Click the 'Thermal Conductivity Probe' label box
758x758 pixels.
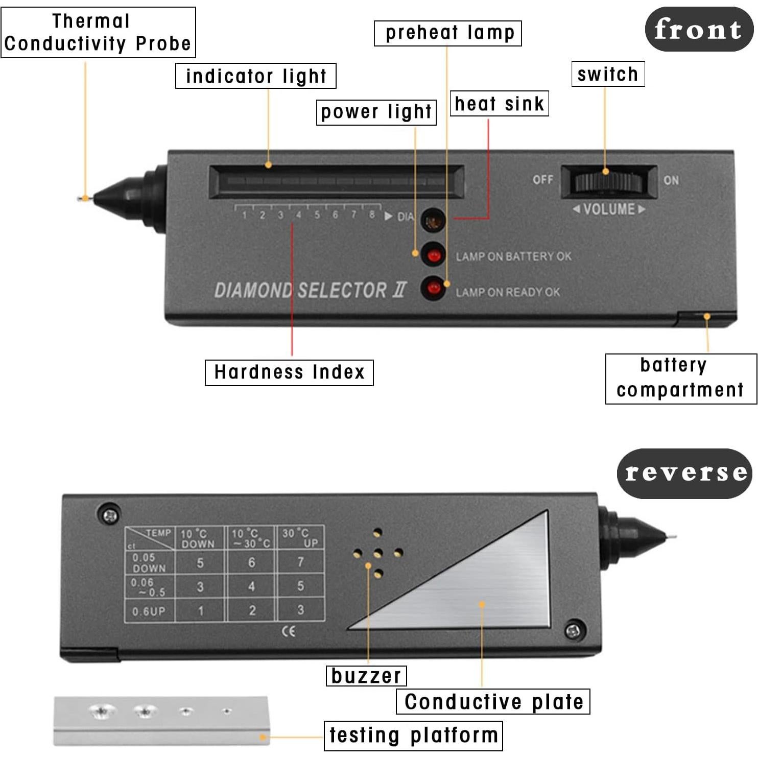98,32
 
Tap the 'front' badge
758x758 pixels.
698,29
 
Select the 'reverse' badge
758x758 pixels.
684,473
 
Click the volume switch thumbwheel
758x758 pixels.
608,181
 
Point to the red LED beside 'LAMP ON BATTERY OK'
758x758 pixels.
434,255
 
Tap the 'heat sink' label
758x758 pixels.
499,104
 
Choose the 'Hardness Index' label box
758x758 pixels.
289,372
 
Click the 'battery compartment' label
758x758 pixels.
680,378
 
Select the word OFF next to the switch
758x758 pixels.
542,180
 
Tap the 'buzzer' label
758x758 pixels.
366,676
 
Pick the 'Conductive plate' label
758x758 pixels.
493,701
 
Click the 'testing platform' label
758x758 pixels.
413,736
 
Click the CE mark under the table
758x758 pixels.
289,631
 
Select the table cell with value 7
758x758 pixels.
300,562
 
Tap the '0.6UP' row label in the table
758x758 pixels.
149,611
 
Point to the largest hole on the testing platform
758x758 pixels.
103,710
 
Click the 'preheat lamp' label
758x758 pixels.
448,33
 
